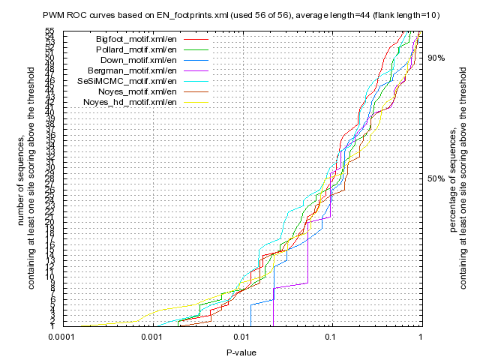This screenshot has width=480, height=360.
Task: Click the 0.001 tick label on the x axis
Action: click(153, 337)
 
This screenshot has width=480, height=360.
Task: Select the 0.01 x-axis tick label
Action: click(241, 337)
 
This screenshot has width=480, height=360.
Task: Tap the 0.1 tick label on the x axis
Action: click(331, 337)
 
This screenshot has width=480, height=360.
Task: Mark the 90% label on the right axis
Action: click(436, 58)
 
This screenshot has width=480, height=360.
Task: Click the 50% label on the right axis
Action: click(436, 178)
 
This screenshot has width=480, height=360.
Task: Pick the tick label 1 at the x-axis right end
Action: click(420, 337)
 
